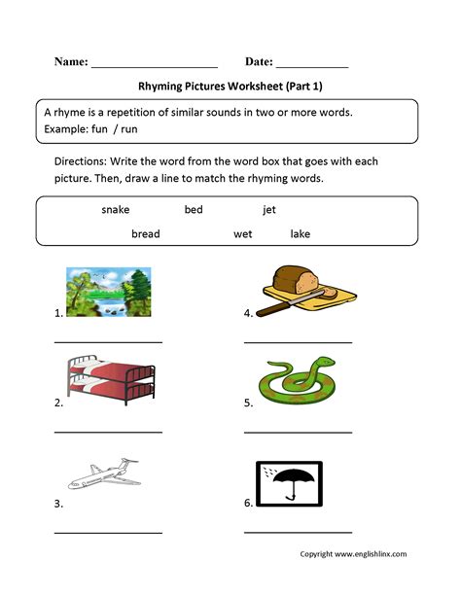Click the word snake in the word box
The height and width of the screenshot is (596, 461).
point(115,209)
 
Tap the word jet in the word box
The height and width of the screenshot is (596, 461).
point(268,209)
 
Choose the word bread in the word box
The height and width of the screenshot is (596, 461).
point(145,234)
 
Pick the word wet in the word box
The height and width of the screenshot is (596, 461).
point(242,234)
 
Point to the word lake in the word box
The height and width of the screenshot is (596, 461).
point(301,234)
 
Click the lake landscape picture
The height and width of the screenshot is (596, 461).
point(108,293)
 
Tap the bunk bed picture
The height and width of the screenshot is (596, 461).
point(108,381)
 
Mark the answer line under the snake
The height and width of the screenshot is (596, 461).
point(298,431)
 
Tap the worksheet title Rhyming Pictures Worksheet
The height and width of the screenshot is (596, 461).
point(230,86)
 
